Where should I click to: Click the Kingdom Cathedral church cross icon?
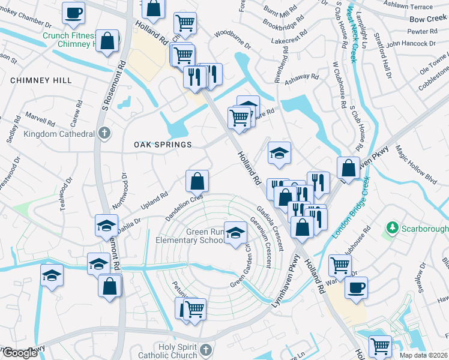[x=104, y=133]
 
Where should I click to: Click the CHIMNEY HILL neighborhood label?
[x=41, y=80]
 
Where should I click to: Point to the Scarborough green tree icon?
[x=393, y=228]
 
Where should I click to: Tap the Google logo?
[x=19, y=353]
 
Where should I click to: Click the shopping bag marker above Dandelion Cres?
[x=197, y=179]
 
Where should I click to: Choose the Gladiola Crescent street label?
[x=270, y=225]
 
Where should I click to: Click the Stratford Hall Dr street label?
[x=384, y=60]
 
